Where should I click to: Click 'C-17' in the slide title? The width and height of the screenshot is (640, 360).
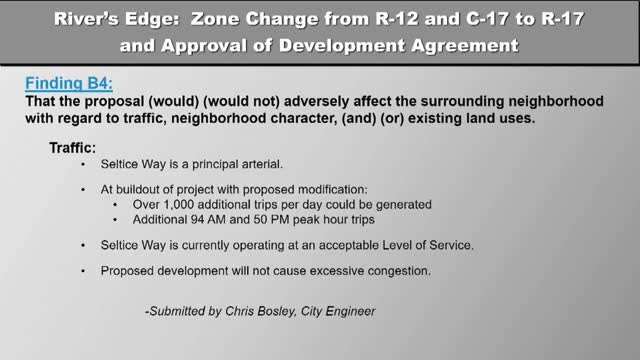click(x=491, y=19)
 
